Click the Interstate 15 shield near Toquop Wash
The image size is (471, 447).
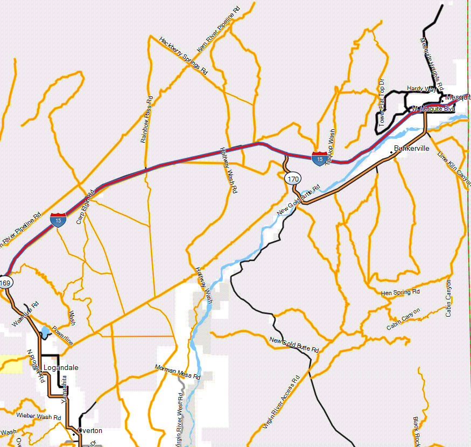click(x=319, y=158)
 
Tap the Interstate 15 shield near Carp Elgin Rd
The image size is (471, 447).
click(x=58, y=219)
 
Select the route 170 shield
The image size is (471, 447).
click(x=293, y=178)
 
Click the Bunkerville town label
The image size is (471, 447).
click(x=411, y=148)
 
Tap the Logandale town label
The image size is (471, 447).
click(x=60, y=368)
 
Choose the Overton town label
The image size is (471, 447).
click(x=89, y=431)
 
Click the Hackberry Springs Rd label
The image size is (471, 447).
click(x=183, y=55)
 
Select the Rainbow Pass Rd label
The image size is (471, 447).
click(x=146, y=120)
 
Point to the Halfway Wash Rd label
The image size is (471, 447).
click(x=228, y=171)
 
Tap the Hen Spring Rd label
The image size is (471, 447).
click(x=400, y=292)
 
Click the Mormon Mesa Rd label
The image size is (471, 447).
click(x=177, y=371)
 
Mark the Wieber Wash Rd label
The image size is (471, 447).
click(x=39, y=416)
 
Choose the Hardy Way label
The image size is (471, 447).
click(x=421, y=88)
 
